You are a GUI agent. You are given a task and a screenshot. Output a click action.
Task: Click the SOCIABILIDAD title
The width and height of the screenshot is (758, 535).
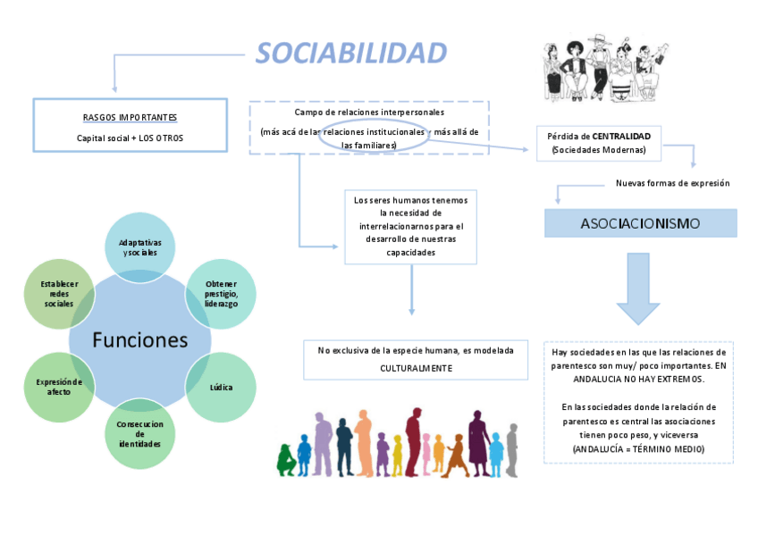pos(350,54)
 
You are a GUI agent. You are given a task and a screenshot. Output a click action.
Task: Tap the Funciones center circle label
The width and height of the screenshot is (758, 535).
pos(140,340)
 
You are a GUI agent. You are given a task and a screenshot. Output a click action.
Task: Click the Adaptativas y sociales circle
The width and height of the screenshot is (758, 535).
pos(139,247)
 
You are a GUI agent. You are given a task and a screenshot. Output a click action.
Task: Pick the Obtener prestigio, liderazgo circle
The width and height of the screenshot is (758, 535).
pos(220,292)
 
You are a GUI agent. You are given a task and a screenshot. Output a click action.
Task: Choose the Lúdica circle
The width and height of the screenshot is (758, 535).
pos(220,388)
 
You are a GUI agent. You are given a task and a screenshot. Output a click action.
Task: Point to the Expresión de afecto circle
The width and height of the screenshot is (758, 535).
pos(59,387)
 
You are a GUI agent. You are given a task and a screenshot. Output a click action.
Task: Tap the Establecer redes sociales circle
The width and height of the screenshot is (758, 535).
pos(60,293)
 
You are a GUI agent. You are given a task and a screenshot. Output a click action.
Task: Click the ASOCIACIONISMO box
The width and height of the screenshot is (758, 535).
pos(640,223)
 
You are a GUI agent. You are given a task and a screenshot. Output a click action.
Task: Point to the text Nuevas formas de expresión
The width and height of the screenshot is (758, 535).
pos(672,183)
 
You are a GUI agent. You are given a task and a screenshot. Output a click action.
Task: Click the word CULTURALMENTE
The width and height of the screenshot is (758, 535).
pos(416,368)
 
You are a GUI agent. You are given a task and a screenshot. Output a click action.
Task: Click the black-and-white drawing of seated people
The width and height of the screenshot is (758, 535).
pos(604,69)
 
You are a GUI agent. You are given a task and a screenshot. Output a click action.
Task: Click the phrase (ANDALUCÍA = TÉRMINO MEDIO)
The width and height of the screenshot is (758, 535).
pos(638,448)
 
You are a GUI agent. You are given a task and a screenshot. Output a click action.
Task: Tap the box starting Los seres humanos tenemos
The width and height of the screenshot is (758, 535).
pos(411,226)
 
